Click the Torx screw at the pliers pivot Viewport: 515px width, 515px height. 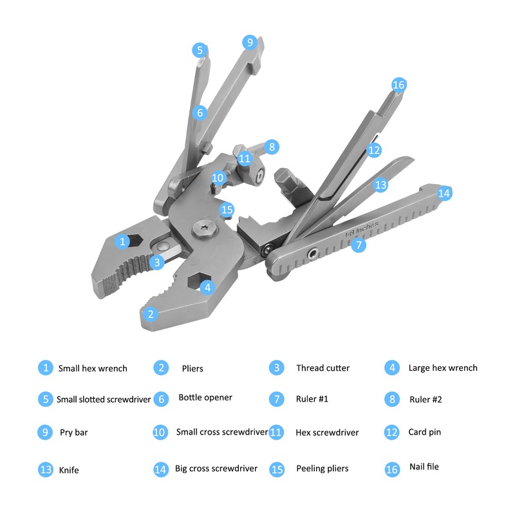click(x=201, y=230)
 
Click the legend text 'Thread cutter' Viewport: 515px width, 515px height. click(x=323, y=368)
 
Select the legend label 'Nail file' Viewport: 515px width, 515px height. click(x=424, y=467)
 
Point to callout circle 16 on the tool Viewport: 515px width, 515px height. click(x=398, y=85)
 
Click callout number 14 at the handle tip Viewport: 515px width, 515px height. click(x=444, y=193)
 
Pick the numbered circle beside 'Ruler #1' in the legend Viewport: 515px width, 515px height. click(x=277, y=399)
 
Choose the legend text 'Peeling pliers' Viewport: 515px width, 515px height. click(x=323, y=469)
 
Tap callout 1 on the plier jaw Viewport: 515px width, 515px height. click(x=122, y=241)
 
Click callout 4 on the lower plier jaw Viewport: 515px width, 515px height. click(x=206, y=287)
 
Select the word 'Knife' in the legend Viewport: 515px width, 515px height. click(x=68, y=470)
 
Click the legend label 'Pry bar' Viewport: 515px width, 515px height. click(x=73, y=432)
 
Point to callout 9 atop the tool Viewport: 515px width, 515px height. click(x=250, y=42)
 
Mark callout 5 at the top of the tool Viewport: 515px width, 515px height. click(x=200, y=50)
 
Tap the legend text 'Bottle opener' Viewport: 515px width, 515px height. click(x=205, y=397)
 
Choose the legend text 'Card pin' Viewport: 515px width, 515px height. click(x=424, y=432)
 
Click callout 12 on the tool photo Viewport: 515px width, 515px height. click(x=374, y=149)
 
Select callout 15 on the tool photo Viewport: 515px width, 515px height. click(x=226, y=209)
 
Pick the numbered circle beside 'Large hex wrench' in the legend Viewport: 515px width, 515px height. click(x=392, y=368)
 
